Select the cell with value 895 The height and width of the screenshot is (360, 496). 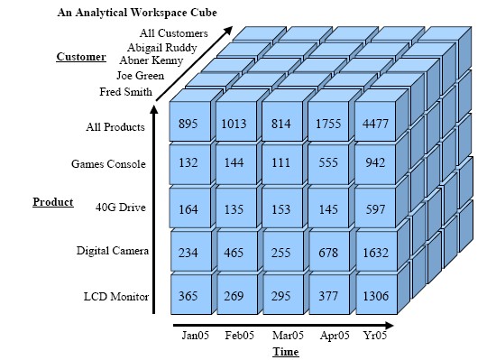tap(188, 124)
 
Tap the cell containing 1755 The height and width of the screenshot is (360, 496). tap(328, 124)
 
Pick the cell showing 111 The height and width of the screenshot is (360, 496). tap(281, 164)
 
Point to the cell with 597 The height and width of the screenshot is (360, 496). tap(374, 208)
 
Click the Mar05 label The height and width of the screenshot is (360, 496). tap(287, 336)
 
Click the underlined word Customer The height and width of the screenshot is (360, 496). tap(81, 57)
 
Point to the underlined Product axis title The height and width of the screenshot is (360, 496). tap(52, 201)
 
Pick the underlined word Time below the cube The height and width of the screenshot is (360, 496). tap(285, 352)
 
